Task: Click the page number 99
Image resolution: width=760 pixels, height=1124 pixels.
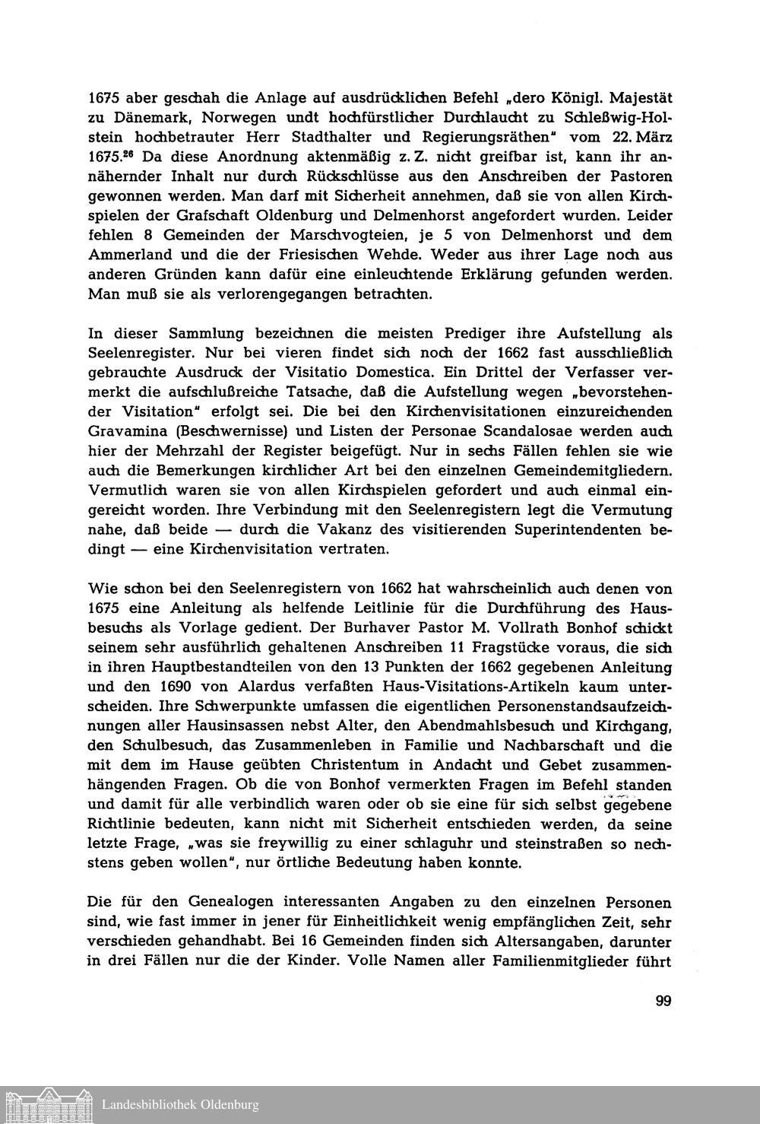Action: (x=663, y=1000)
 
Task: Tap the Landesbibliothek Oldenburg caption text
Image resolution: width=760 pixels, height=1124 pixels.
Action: (x=181, y=1104)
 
